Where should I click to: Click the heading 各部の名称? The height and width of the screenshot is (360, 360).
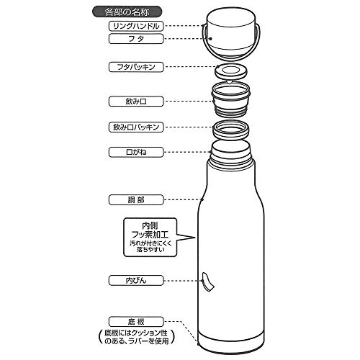click(x=127, y=12)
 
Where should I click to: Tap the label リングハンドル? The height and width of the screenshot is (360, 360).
click(x=136, y=26)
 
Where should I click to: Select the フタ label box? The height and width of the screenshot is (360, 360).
click(x=136, y=39)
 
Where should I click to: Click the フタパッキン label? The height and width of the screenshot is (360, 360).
click(x=136, y=67)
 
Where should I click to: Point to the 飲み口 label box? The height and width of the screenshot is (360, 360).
click(x=136, y=102)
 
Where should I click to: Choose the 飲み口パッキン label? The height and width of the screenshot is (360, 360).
click(x=136, y=127)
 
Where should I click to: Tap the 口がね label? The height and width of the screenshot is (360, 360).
click(x=136, y=152)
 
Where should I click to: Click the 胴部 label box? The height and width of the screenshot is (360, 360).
click(x=136, y=199)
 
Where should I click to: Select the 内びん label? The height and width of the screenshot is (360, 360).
click(x=136, y=281)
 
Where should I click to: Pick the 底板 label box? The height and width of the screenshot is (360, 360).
click(x=136, y=322)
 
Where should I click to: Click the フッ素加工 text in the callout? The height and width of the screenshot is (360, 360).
click(x=150, y=235)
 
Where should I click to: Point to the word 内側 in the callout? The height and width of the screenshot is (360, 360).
click(x=150, y=225)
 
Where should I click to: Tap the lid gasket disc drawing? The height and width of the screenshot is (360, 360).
click(x=230, y=71)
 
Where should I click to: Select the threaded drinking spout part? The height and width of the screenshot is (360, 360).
click(x=230, y=99)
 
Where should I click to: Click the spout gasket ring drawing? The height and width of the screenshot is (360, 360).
click(x=231, y=130)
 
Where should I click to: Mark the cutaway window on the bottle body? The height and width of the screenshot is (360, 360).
click(x=207, y=282)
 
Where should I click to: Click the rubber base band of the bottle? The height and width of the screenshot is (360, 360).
click(x=231, y=343)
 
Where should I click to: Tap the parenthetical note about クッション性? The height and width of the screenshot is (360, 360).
click(x=136, y=337)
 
